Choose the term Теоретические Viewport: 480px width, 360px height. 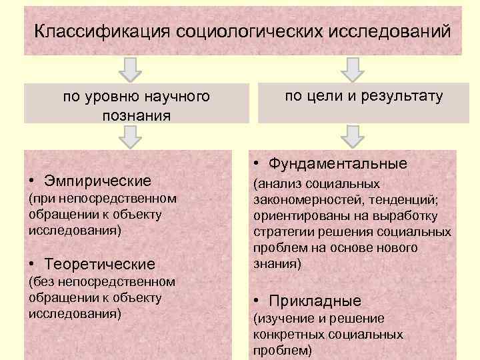coord(99,265)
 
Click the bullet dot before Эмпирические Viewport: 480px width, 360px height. coord(32,181)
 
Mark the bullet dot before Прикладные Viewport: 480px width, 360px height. coord(257,301)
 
